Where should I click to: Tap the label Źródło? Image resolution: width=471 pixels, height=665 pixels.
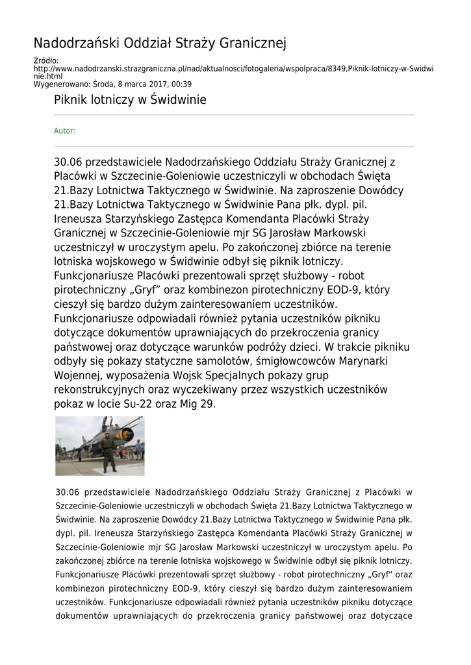click(x=46, y=61)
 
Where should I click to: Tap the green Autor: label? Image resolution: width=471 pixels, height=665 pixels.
click(x=64, y=131)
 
